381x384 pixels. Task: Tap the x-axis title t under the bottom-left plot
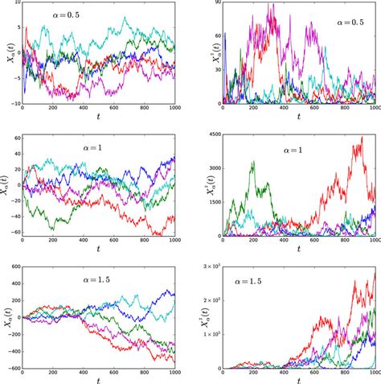click(100, 382)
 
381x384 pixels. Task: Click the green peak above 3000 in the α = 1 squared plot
click(254, 162)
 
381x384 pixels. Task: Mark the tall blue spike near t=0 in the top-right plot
click(226, 35)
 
